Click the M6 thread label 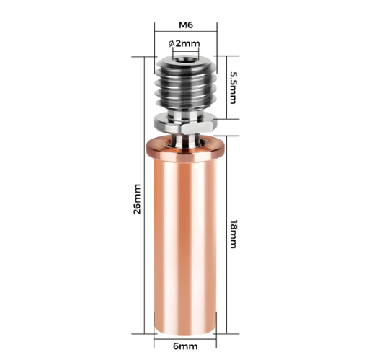coord(186,25)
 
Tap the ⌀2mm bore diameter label coord(184,43)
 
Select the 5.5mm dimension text coord(233,88)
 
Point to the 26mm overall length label coord(137,199)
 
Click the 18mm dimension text coord(234,234)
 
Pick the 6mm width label coord(185,346)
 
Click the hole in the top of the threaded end coord(185,59)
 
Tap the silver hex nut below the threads coord(185,124)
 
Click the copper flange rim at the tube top coord(185,148)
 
